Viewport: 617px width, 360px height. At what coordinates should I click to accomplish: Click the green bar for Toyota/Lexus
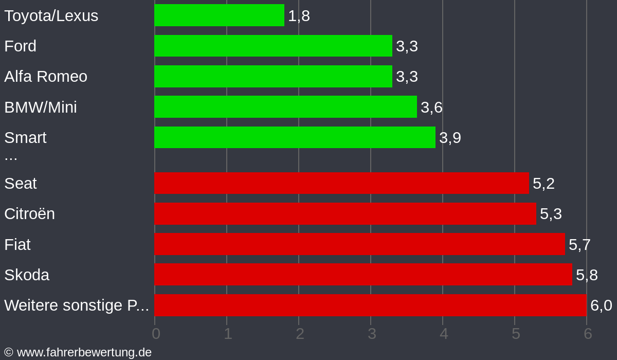219,15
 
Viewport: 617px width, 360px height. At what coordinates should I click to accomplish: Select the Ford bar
273,46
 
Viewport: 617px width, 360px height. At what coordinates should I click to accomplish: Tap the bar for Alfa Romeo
273,76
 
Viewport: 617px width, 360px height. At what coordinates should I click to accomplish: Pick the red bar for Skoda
363,275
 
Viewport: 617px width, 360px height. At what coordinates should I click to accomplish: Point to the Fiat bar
359,244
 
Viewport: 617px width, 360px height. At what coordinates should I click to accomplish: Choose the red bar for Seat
341,183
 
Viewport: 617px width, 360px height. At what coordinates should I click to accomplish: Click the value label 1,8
299,16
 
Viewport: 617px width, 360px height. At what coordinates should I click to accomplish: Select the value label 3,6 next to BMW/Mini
431,107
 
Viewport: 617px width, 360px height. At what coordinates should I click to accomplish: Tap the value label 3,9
450,138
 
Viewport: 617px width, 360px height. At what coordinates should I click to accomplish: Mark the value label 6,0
601,305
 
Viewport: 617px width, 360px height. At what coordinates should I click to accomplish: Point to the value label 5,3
551,214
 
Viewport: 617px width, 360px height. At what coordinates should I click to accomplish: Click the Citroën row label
29,214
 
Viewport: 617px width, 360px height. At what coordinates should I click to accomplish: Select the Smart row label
25,138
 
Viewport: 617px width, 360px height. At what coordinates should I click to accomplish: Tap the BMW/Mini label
41,107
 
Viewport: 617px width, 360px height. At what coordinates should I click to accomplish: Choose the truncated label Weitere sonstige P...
77,305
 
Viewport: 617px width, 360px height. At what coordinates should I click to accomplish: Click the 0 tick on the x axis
156,334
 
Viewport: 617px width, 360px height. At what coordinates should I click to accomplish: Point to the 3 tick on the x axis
372,334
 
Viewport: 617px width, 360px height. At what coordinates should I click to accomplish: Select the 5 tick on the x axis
516,334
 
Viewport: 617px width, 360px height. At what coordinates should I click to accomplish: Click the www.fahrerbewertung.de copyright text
78,352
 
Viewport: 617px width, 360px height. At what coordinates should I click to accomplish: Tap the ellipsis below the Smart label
11,157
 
